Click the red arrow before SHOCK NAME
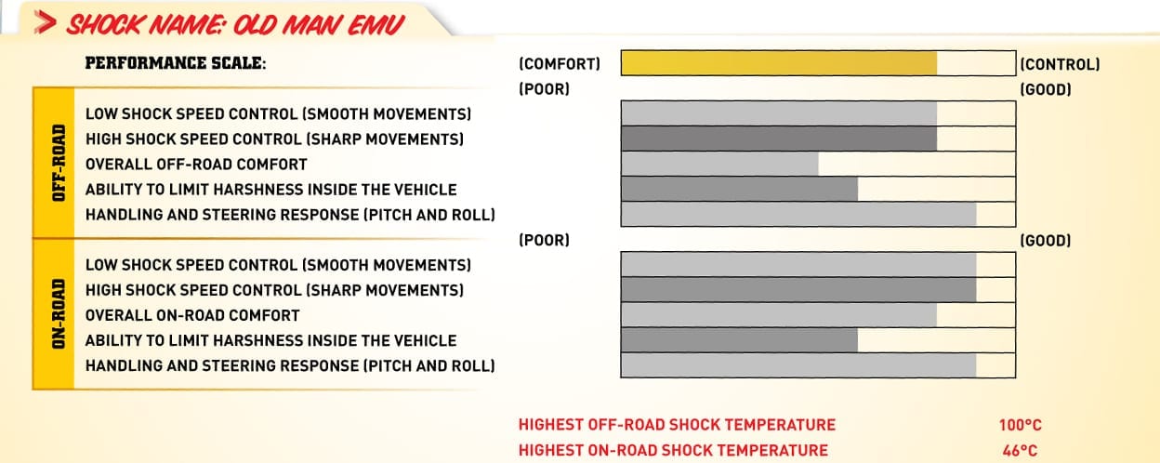(45, 23)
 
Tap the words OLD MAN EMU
(319, 25)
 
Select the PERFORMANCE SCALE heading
(176, 63)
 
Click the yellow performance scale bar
(779, 63)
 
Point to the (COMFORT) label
(560, 64)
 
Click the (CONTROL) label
(1060, 64)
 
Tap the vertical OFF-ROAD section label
(59, 163)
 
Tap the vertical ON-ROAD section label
(59, 314)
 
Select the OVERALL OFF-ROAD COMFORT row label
(196, 165)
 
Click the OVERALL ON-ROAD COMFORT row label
(192, 315)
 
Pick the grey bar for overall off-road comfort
(719, 164)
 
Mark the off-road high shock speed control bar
(779, 139)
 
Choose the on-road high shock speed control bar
(798, 289)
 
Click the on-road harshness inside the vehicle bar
(740, 339)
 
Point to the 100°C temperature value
(1021, 425)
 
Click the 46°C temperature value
(1021, 451)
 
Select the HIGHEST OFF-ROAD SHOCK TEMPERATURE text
(677, 425)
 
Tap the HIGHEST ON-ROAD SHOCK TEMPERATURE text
(673, 450)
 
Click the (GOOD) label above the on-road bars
(1046, 240)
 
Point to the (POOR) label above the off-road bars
(545, 89)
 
